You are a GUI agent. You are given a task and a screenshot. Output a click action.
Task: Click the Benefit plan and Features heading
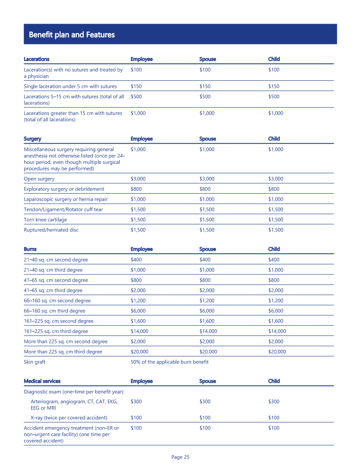(x=72, y=35)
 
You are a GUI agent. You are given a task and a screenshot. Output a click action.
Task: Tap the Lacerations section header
(x=36, y=59)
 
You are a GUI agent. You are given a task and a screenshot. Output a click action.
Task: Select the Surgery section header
(x=33, y=139)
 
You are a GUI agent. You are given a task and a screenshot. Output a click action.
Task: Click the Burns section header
(x=30, y=249)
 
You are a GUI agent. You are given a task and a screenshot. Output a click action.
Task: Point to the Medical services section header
(x=42, y=381)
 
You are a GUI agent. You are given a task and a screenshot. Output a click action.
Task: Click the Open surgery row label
(x=39, y=179)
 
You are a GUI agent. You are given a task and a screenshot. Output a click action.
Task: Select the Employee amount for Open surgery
(x=138, y=179)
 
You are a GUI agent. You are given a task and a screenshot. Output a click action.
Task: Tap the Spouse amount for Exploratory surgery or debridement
(x=205, y=189)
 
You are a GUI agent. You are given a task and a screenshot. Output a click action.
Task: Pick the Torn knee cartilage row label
(x=45, y=220)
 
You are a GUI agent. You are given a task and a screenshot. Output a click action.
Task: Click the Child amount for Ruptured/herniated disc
(x=276, y=230)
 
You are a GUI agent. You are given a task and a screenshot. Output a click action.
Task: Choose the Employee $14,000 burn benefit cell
(x=140, y=332)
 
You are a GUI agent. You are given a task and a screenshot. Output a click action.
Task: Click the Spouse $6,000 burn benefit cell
(x=207, y=311)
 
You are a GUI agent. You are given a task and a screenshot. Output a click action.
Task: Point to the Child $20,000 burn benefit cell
(x=277, y=352)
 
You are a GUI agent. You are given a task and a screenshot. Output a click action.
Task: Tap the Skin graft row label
(x=35, y=362)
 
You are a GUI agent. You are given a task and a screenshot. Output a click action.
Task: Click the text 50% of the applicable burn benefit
(x=170, y=362)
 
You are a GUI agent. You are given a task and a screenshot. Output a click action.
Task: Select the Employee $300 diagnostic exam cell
(x=136, y=401)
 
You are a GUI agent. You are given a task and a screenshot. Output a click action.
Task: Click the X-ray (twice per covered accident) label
(x=69, y=418)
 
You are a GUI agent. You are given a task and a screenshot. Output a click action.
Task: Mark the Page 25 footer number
(x=180, y=457)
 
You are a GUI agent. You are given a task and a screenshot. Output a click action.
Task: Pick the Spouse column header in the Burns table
(x=207, y=249)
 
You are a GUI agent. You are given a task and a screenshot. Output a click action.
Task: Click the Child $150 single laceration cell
(x=274, y=87)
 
